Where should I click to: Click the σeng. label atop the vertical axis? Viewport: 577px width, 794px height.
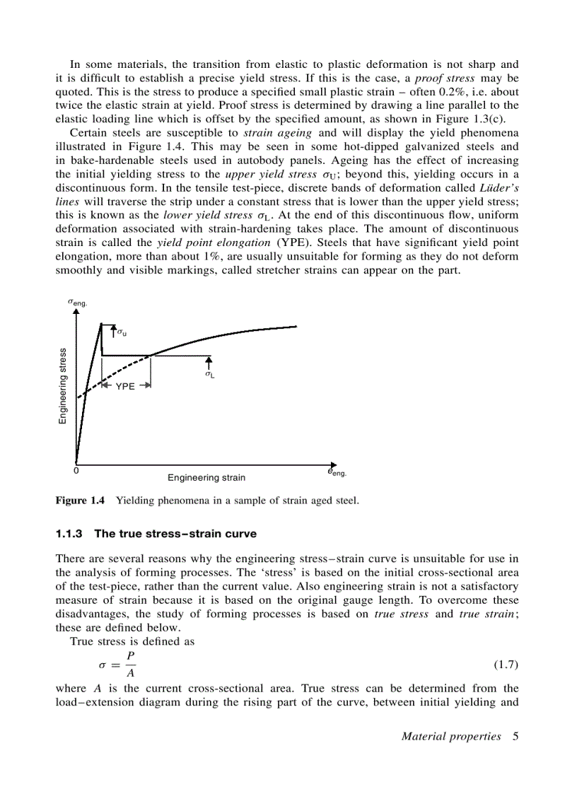click(x=77, y=302)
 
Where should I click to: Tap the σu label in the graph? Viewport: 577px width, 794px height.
click(x=122, y=331)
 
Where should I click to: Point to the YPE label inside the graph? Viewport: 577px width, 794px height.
click(x=125, y=387)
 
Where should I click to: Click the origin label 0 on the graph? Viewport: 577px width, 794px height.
click(x=76, y=470)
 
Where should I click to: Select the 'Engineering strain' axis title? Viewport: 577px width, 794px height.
click(x=206, y=478)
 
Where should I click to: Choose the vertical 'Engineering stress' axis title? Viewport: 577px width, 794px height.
click(x=62, y=386)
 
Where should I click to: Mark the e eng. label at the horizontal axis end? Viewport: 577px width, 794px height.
click(x=336, y=472)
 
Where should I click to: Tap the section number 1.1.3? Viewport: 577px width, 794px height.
click(x=70, y=533)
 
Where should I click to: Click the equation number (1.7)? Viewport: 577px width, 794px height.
click(x=506, y=665)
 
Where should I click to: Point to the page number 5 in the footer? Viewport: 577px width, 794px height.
click(x=515, y=737)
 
